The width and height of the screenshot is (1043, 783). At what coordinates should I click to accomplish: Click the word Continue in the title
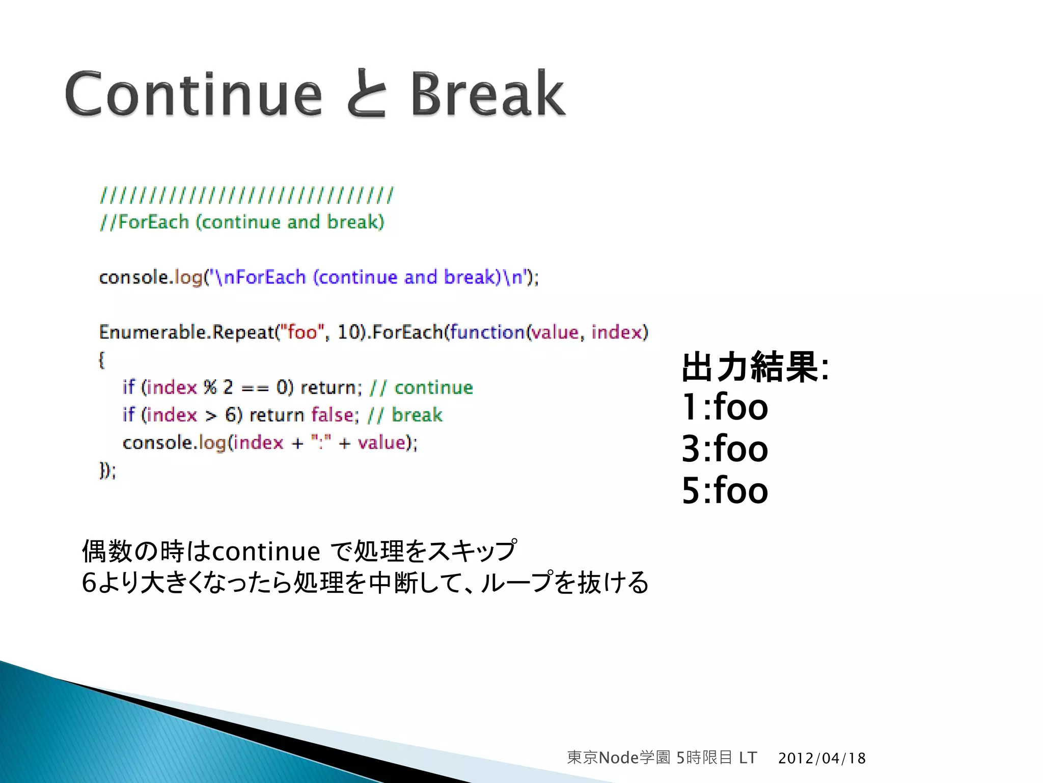pyautogui.click(x=194, y=94)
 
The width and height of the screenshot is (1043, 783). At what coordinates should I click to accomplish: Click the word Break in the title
pyautogui.click(x=488, y=94)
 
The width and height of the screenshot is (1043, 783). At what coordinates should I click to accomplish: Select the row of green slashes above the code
pyautogui.click(x=246, y=195)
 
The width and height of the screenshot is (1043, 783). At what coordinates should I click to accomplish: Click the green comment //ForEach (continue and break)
pyautogui.click(x=242, y=222)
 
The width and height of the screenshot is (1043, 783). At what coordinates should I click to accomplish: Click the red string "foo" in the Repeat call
pyautogui.click(x=302, y=332)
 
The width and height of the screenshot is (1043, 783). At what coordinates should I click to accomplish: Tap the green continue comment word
pyautogui.click(x=433, y=388)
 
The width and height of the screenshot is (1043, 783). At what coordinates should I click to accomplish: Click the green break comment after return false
pyautogui.click(x=417, y=415)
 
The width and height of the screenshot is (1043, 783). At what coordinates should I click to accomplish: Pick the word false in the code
pyautogui.click(x=332, y=415)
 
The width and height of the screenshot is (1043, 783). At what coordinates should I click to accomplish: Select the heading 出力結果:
pyautogui.click(x=755, y=367)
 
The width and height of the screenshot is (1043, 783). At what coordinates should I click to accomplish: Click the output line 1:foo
pyautogui.click(x=724, y=407)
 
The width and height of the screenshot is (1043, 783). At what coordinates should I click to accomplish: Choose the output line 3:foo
pyautogui.click(x=724, y=449)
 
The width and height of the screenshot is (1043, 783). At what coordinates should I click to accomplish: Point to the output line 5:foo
pyautogui.click(x=724, y=491)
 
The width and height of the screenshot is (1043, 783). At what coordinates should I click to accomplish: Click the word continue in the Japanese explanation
pyautogui.click(x=265, y=552)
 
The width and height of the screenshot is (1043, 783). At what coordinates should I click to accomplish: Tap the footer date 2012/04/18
pyautogui.click(x=821, y=758)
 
